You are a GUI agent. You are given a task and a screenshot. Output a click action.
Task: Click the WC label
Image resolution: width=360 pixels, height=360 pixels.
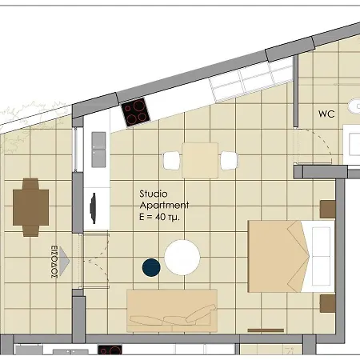click(x=326, y=114)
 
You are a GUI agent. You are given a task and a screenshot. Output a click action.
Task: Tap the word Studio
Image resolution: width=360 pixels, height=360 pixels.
click(x=154, y=194)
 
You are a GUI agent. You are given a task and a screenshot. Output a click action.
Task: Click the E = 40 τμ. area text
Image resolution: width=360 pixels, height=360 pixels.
click(x=159, y=217)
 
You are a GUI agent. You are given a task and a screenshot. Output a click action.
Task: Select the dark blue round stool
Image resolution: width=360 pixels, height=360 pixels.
click(x=151, y=267)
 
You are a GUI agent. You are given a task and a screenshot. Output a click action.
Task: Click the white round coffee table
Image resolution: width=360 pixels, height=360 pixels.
click(x=182, y=258)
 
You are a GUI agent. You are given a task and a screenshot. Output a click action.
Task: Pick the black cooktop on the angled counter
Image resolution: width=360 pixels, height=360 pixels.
click(x=135, y=112)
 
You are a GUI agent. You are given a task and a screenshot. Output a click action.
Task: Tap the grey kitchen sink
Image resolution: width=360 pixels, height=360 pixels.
click(x=98, y=150)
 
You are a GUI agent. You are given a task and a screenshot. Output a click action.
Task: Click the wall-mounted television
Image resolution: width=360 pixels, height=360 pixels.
click(x=93, y=208)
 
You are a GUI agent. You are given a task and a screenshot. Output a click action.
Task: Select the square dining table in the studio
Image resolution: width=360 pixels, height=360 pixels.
click(x=200, y=160)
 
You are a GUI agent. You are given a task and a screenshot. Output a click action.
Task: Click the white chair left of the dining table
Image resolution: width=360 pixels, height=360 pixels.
click(x=171, y=160)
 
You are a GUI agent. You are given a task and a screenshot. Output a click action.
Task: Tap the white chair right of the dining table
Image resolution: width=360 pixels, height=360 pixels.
click(x=229, y=160)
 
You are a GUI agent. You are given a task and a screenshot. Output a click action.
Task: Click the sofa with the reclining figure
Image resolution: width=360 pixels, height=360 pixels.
click(x=172, y=310)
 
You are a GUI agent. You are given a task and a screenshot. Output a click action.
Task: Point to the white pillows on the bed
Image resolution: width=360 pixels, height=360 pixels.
click(x=321, y=257)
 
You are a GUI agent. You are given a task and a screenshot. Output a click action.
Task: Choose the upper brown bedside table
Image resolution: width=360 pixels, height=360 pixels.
click(x=327, y=210)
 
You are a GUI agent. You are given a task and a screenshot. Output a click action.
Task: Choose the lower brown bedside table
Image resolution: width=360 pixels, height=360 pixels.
click(x=327, y=303)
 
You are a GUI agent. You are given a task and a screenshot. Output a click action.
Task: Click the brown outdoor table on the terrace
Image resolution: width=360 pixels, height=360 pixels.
click(x=30, y=207)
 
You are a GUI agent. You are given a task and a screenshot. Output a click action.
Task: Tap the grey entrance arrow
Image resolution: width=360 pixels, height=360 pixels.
click(x=64, y=261)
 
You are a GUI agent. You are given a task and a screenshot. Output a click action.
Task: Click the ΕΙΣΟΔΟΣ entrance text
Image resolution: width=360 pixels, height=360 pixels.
click(x=54, y=262)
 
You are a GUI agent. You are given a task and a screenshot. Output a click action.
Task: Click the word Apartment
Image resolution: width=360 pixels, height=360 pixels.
click(x=164, y=206)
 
